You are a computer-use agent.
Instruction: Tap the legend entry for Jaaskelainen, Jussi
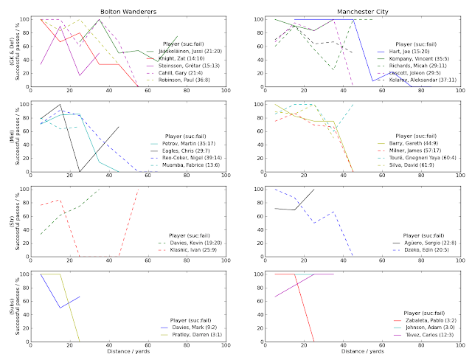point(184,52)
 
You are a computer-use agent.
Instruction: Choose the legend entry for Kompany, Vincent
point(421,60)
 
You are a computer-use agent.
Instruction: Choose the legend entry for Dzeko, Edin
point(415,250)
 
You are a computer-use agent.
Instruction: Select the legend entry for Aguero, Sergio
point(417,243)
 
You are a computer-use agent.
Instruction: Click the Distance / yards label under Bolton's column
point(128,351)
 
